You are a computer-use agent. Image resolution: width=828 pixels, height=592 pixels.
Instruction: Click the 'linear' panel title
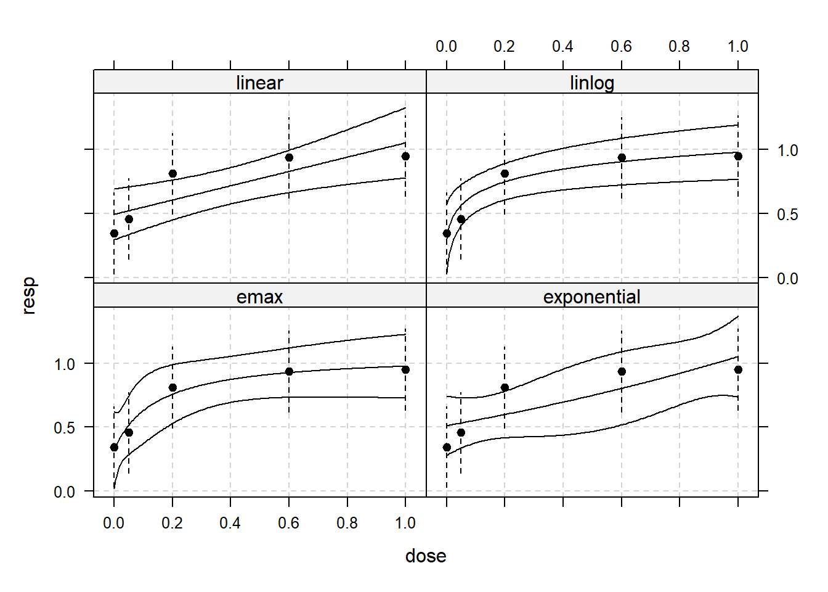(x=259, y=83)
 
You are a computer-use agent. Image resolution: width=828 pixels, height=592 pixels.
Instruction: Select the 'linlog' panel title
(x=592, y=83)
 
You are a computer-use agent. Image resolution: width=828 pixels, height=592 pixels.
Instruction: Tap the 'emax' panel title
(x=259, y=297)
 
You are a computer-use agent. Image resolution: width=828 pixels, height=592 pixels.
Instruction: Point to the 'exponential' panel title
(x=592, y=297)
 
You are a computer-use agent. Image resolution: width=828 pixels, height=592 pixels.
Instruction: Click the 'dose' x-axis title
(x=426, y=556)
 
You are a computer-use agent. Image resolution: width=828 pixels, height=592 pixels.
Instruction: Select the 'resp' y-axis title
(x=28, y=296)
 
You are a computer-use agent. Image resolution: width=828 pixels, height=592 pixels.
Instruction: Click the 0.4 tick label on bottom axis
(x=230, y=523)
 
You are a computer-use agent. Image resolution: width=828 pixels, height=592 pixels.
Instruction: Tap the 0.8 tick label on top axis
(x=679, y=46)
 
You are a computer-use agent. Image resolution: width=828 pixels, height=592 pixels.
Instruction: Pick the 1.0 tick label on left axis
(x=64, y=364)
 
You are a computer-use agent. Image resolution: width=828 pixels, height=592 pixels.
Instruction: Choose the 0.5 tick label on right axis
(x=787, y=215)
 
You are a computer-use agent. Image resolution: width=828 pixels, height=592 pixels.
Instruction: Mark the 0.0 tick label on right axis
(x=787, y=279)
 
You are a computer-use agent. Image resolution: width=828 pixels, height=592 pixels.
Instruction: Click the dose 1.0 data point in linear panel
(x=405, y=156)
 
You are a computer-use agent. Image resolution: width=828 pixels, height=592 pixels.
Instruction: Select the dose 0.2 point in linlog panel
(x=505, y=173)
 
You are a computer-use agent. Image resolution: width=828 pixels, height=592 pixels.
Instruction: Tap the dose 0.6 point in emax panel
(x=289, y=371)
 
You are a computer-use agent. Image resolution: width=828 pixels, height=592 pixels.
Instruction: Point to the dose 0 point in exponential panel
(x=447, y=447)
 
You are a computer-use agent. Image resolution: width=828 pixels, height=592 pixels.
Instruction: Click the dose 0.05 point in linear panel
(x=129, y=219)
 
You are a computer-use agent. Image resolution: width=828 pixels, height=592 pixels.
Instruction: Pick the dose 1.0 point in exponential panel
(x=738, y=369)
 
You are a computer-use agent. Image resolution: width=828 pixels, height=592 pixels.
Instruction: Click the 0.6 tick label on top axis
(x=621, y=46)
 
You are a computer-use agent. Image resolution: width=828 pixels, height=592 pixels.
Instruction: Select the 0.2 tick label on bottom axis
(x=172, y=523)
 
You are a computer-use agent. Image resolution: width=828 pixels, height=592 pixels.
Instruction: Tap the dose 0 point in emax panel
(x=114, y=447)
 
